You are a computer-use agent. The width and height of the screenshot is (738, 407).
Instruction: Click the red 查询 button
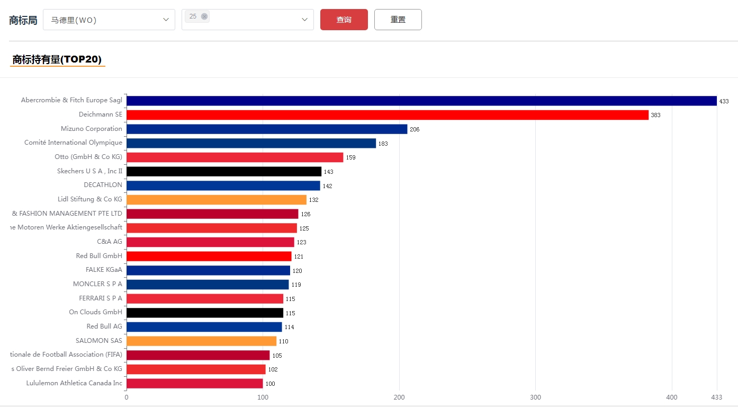click(x=344, y=20)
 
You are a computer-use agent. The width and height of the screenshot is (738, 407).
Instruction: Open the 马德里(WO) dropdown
click(x=109, y=20)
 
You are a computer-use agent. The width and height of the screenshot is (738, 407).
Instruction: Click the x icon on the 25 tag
click(x=204, y=16)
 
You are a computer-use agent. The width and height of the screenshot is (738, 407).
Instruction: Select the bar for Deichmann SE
click(x=387, y=115)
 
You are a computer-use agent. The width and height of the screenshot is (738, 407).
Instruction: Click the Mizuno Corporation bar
click(x=267, y=129)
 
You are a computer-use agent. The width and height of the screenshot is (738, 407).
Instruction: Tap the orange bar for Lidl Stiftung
click(x=216, y=200)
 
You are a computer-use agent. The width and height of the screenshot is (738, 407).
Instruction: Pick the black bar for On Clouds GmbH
click(x=204, y=313)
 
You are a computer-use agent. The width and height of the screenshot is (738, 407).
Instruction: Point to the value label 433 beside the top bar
click(x=724, y=101)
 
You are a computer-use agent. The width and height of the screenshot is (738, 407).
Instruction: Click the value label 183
click(x=383, y=144)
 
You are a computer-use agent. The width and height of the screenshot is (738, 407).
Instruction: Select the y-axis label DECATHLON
click(x=103, y=185)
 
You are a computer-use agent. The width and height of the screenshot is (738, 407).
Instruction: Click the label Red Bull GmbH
click(x=99, y=256)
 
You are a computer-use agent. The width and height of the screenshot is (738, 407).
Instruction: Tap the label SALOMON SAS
click(x=99, y=341)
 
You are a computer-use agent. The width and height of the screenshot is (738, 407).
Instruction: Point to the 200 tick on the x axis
click(x=399, y=397)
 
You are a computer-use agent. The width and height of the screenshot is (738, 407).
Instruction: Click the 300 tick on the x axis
click(x=535, y=397)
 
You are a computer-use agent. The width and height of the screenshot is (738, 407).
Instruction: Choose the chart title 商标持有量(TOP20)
click(x=57, y=59)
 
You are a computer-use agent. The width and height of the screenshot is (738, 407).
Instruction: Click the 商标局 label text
click(x=23, y=20)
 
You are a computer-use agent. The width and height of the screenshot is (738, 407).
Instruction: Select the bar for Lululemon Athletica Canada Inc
click(x=194, y=383)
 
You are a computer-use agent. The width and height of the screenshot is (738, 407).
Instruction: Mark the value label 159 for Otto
click(x=351, y=157)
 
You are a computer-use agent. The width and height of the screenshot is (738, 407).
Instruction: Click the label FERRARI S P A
click(x=101, y=298)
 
